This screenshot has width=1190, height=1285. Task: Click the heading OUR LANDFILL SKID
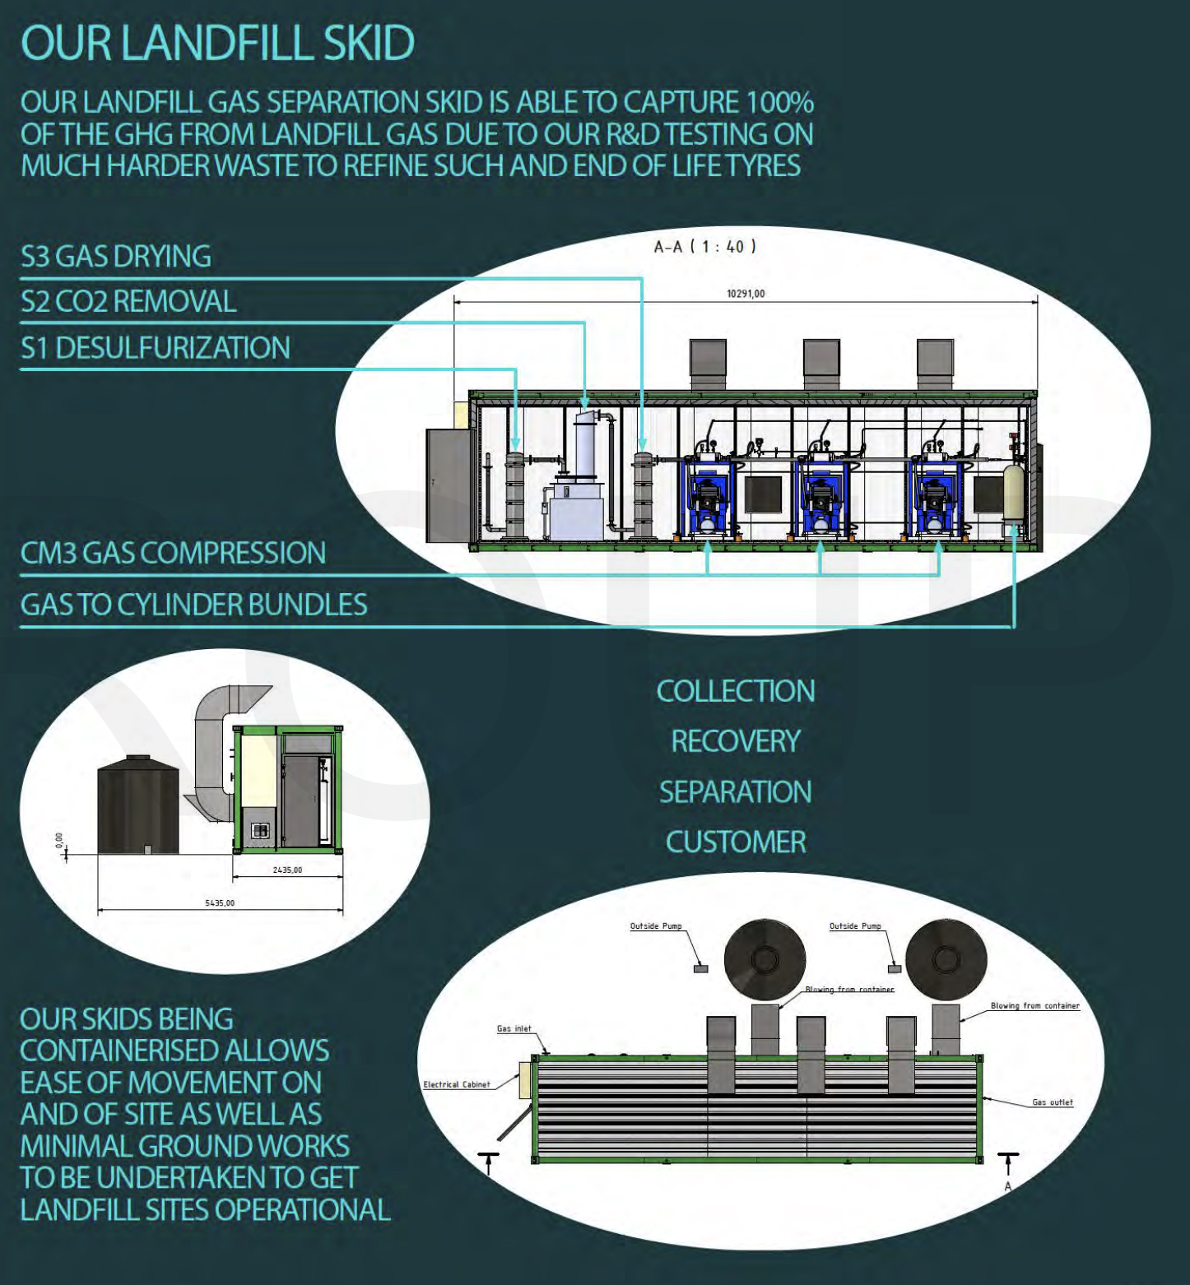click(217, 43)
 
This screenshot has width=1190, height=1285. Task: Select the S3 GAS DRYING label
click(116, 257)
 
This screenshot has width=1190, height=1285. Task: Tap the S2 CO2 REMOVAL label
click(128, 302)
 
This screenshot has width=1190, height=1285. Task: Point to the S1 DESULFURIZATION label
click(156, 348)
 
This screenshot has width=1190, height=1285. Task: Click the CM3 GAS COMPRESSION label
click(173, 553)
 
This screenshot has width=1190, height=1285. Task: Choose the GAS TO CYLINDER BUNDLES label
click(193, 605)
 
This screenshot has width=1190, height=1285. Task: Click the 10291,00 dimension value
click(746, 294)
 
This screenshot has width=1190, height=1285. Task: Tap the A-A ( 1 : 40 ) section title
click(704, 246)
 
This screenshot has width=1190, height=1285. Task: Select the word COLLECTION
click(736, 691)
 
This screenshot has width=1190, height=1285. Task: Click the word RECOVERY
click(736, 741)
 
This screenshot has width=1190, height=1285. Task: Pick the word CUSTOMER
click(736, 842)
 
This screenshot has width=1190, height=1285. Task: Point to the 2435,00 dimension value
click(287, 870)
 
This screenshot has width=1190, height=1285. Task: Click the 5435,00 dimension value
click(220, 902)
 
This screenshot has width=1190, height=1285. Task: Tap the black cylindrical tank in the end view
click(137, 806)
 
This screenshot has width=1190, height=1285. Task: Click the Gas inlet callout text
click(514, 1028)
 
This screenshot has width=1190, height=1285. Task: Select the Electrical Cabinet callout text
click(457, 1084)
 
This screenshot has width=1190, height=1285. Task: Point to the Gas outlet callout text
click(1053, 1102)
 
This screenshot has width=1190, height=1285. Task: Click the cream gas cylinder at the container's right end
click(1013, 494)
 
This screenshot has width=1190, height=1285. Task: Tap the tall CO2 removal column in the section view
click(586, 448)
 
